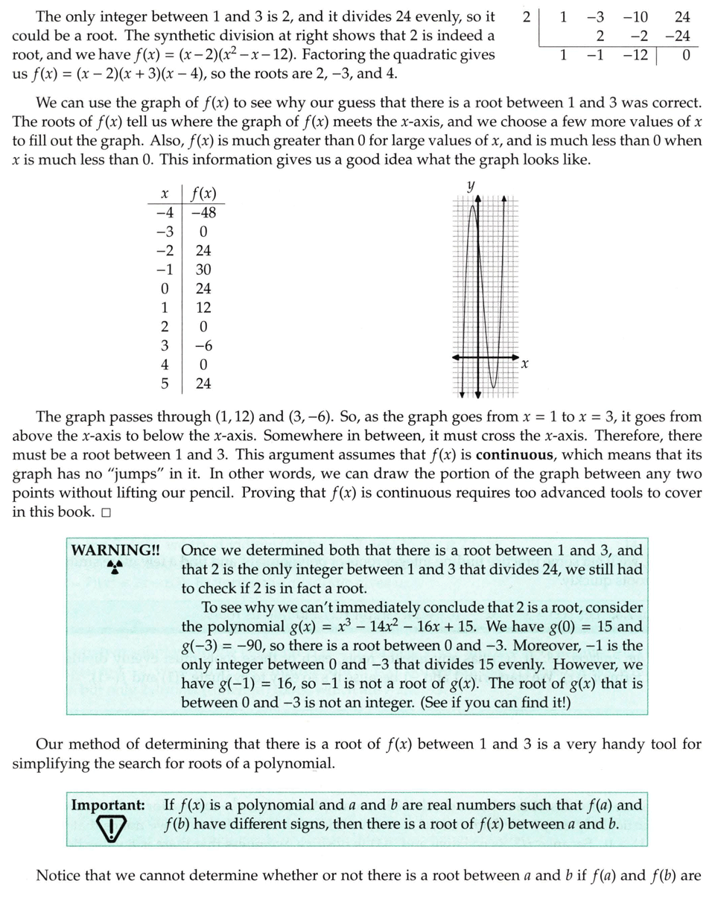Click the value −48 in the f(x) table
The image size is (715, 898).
(x=203, y=213)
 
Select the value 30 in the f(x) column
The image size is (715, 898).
(x=203, y=270)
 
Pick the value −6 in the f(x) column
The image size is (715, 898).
(x=203, y=345)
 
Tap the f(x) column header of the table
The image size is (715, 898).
(x=203, y=194)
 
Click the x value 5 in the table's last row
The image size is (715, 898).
(x=165, y=383)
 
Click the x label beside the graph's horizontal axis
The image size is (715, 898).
(x=524, y=364)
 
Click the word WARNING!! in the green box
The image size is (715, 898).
(x=115, y=550)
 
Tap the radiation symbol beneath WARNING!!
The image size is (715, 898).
(x=115, y=568)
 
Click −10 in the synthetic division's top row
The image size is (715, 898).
(x=635, y=16)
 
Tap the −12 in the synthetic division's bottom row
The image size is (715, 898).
(x=635, y=55)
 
